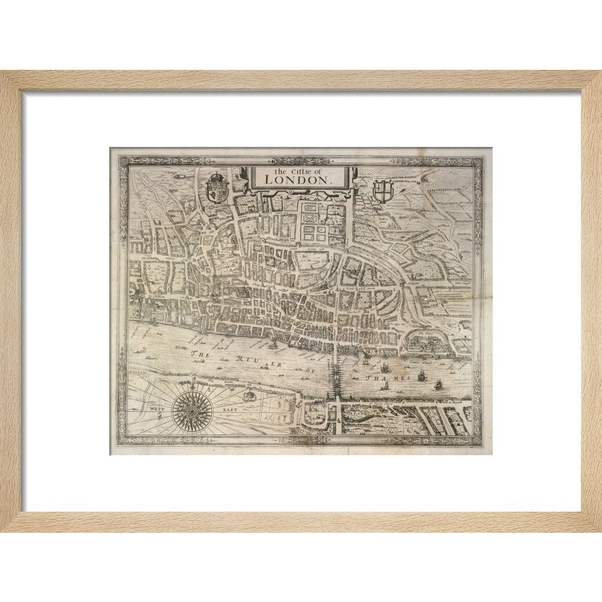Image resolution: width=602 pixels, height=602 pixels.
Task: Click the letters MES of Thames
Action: coord(402,377)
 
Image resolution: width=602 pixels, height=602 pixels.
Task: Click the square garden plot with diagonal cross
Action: coord(313,214)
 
